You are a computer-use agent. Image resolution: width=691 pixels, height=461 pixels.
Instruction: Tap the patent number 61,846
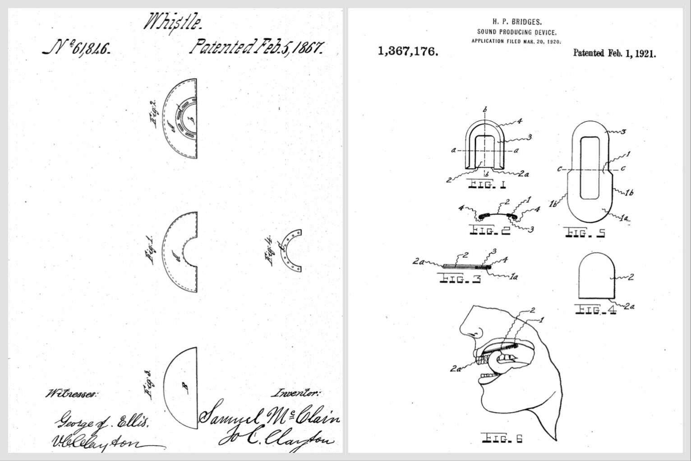tap(77, 48)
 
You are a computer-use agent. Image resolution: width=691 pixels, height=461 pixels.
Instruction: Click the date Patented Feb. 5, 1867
tap(257, 47)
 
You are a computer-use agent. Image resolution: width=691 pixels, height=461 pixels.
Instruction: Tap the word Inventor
tap(295, 393)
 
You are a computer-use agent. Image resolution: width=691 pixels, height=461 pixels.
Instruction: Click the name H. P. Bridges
tap(516, 22)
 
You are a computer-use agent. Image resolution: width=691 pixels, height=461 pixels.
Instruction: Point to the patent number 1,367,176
tap(408, 51)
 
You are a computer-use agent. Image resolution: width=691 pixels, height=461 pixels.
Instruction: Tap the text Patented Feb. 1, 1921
tap(614, 53)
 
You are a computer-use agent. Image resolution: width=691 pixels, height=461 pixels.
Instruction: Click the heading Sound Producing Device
tap(516, 32)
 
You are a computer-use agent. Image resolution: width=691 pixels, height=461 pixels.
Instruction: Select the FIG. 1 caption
tap(487, 184)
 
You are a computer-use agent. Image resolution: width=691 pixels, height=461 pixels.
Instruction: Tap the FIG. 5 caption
tap(585, 233)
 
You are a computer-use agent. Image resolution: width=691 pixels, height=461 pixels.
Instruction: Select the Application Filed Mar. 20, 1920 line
tap(516, 41)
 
